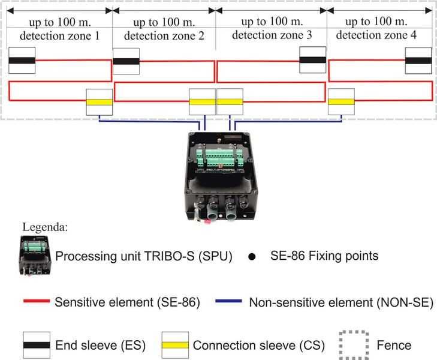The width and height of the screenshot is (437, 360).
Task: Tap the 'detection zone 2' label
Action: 164,35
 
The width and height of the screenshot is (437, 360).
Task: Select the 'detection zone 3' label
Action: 272,35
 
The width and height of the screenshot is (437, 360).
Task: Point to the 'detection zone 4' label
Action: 376,35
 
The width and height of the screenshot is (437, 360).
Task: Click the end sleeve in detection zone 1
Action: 22,61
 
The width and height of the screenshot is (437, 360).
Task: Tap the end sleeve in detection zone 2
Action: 126,61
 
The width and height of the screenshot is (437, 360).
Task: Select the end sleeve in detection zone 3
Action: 313,59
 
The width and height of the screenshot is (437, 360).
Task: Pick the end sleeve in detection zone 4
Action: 418,60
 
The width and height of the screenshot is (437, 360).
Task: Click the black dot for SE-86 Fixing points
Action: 252,257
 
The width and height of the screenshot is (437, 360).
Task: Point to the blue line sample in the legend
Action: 229,302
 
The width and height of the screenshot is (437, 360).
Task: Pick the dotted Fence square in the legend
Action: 352,345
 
